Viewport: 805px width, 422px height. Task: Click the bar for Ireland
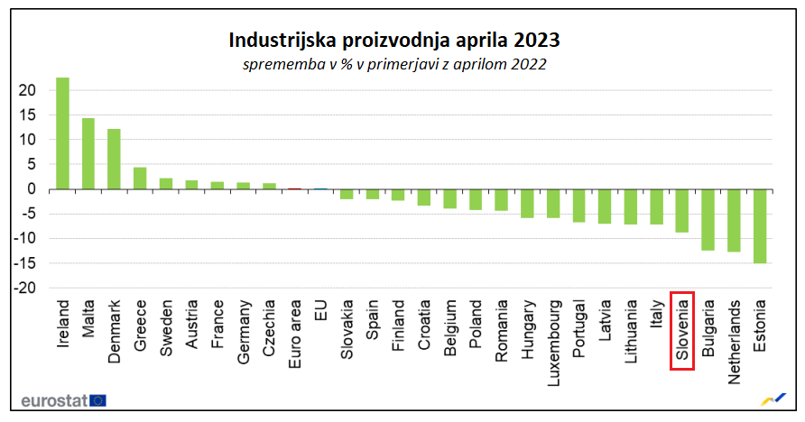(x=62, y=133)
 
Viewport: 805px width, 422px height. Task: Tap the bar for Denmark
(x=114, y=159)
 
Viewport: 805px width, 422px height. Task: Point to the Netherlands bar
(x=734, y=220)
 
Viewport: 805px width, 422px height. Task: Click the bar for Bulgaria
(x=708, y=219)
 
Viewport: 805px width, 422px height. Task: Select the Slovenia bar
(x=682, y=211)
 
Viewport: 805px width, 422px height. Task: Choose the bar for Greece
(x=140, y=178)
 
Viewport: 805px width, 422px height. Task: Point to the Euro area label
(x=295, y=333)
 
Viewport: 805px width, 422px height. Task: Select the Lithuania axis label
(x=631, y=336)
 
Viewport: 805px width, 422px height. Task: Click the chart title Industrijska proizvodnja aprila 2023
(x=393, y=41)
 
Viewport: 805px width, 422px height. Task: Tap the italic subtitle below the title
(x=393, y=65)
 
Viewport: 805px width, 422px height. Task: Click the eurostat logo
(x=62, y=399)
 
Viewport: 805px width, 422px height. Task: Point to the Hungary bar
(x=527, y=203)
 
